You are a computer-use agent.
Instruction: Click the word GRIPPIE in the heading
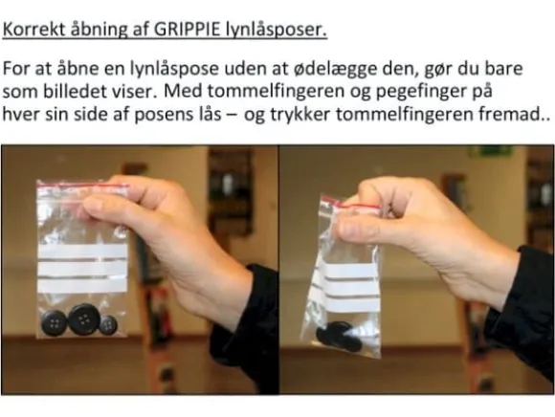187,30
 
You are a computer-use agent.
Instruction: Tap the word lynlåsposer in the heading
277,30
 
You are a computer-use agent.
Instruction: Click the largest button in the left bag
84,319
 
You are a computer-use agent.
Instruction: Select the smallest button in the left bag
108,324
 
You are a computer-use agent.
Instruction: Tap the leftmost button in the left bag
55,323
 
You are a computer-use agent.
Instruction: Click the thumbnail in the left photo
93,207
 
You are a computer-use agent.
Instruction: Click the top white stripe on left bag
82,252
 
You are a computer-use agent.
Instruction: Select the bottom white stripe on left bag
82,285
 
